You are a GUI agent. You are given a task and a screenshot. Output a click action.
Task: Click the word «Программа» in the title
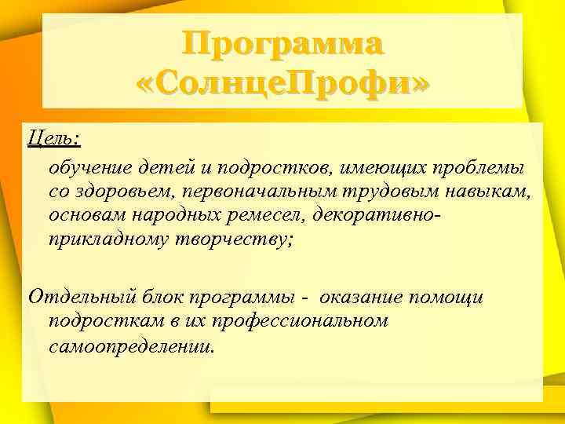point(283,44)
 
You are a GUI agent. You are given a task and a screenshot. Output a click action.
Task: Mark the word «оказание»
point(374,298)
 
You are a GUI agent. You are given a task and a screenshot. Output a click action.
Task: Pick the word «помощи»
point(454,298)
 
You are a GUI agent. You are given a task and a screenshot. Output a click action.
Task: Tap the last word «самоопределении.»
point(130,344)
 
